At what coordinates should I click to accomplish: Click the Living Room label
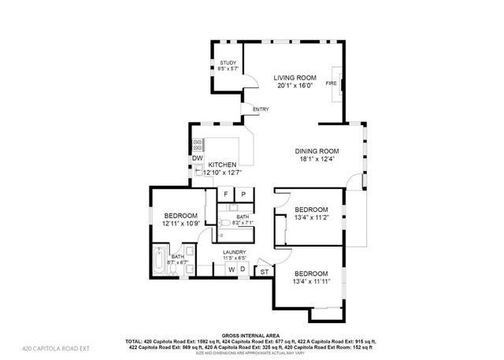[295, 77]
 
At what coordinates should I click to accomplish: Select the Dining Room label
[317, 150]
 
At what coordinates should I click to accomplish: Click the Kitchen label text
[222, 165]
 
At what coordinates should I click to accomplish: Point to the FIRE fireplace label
[332, 82]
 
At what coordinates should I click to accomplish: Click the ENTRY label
[261, 109]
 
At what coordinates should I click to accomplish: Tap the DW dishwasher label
[197, 158]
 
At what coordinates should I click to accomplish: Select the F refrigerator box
[225, 194]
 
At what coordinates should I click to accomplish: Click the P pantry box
[243, 194]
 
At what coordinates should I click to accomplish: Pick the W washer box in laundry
[232, 269]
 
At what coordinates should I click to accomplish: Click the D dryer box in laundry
[243, 269]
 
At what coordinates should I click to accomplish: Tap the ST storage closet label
[264, 272]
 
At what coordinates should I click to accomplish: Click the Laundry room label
[234, 252]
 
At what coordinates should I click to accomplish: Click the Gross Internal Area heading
[252, 334]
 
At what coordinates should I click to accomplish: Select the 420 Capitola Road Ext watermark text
[56, 347]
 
